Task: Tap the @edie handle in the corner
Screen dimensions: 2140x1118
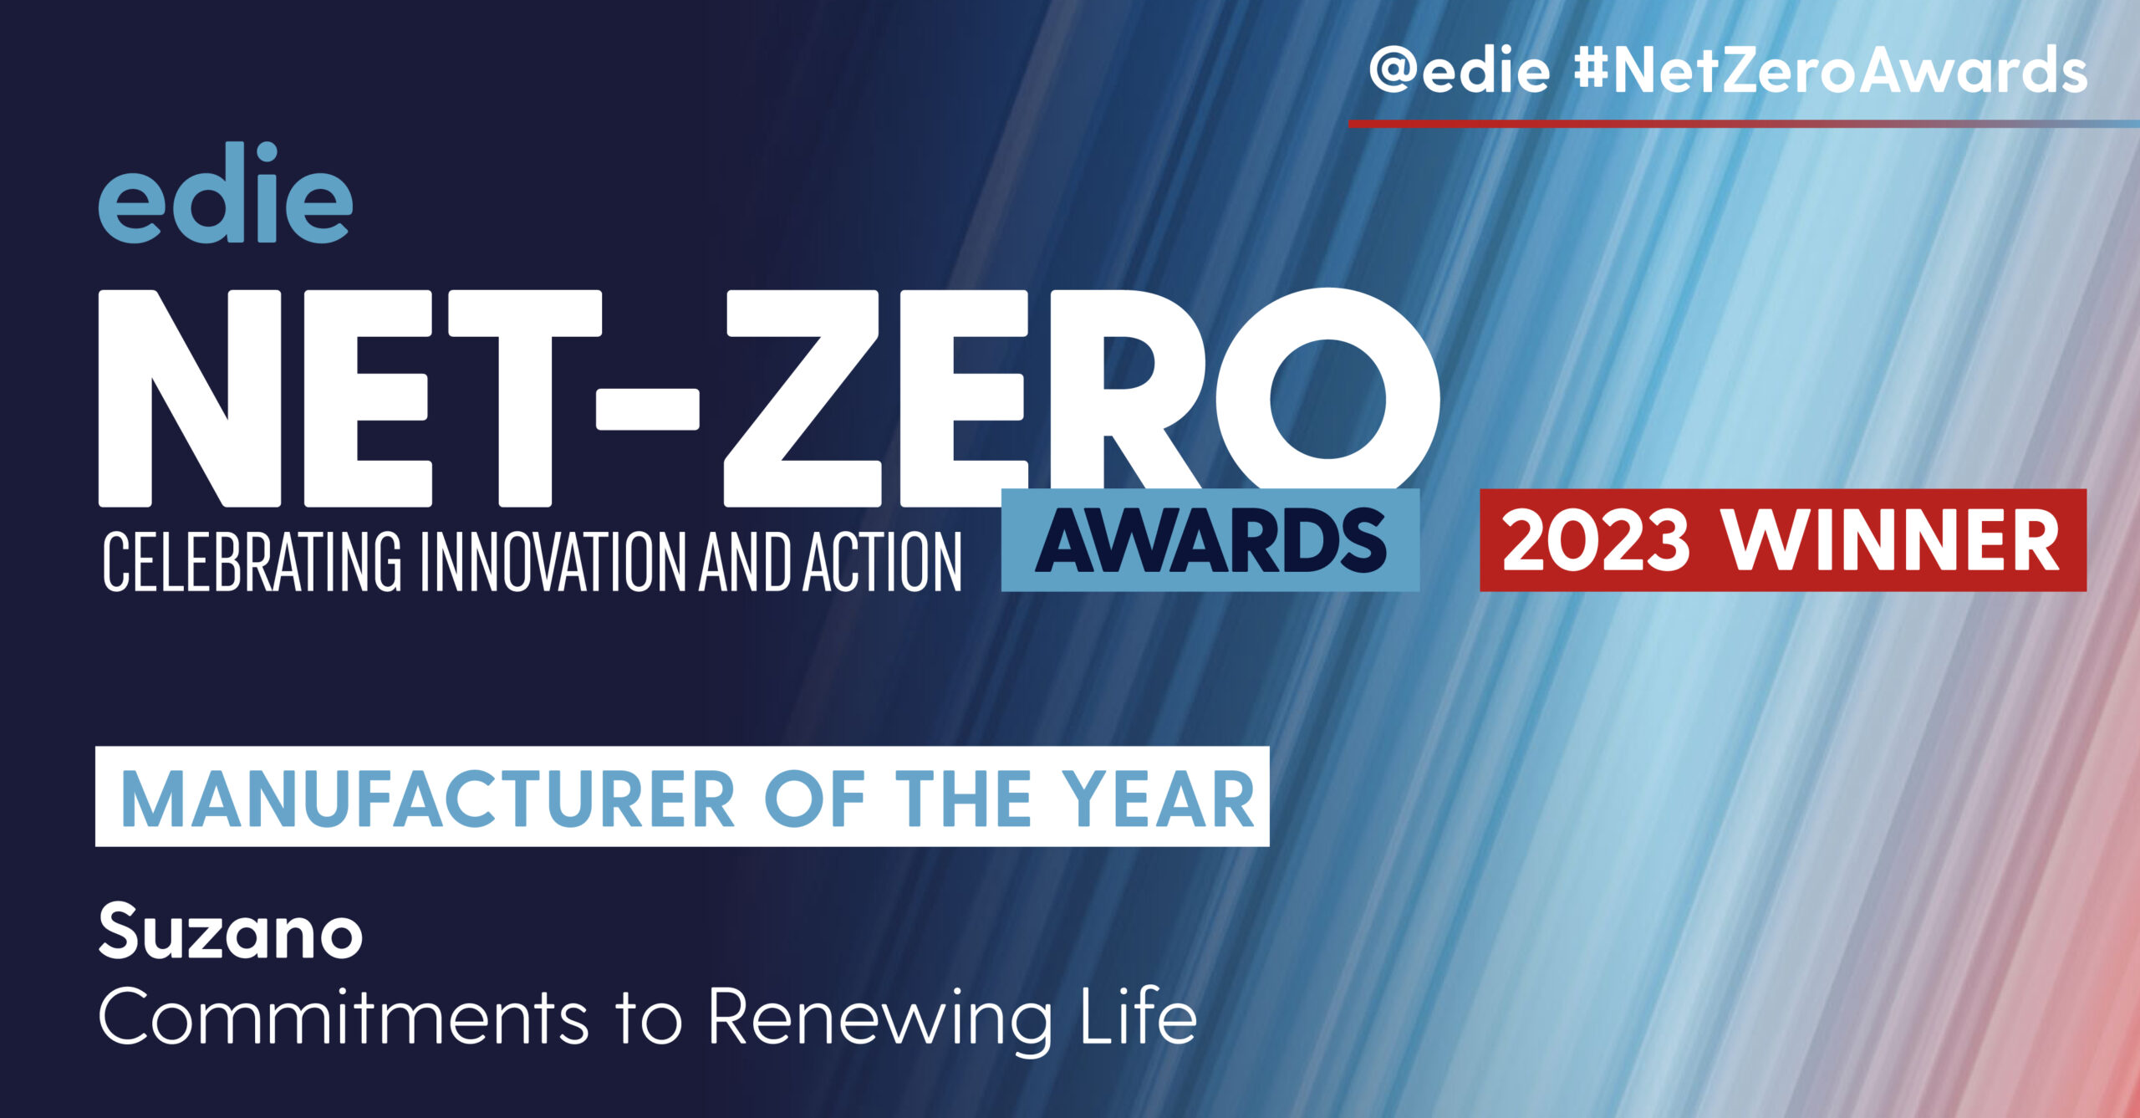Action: pos(1459,71)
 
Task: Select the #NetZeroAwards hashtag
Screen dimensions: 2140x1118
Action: pos(1830,71)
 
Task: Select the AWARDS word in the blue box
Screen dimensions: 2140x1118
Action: pos(1211,540)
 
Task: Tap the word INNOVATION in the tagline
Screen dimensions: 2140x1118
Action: pos(553,561)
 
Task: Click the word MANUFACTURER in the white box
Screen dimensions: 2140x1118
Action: pos(428,799)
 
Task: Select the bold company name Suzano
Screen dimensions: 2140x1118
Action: pos(231,931)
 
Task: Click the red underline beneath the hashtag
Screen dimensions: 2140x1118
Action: pos(1744,124)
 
